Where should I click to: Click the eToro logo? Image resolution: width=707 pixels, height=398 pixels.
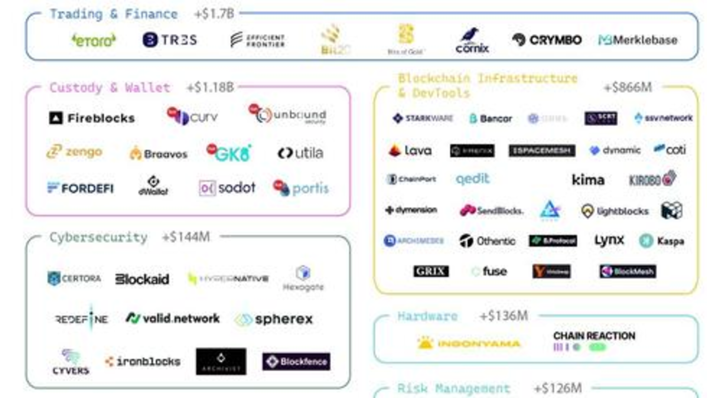click(94, 40)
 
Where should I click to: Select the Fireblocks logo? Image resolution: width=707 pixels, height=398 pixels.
click(92, 118)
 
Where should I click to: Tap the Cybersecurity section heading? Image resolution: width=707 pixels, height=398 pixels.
click(98, 238)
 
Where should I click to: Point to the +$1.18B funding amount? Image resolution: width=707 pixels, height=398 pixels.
click(210, 88)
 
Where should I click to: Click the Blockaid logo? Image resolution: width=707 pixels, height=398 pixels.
click(142, 279)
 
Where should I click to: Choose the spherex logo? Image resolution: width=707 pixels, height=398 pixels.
click(274, 319)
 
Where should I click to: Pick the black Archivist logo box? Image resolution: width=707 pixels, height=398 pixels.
click(221, 362)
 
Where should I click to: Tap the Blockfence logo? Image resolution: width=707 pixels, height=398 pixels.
click(296, 362)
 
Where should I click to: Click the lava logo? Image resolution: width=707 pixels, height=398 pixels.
click(410, 151)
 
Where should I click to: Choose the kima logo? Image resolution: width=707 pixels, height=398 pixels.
click(588, 180)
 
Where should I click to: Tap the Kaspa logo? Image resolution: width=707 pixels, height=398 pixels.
click(662, 241)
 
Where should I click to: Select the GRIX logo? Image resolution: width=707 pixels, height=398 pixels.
click(431, 271)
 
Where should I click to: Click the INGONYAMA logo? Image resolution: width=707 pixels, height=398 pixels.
click(469, 343)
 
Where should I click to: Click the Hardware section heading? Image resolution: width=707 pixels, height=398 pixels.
click(427, 316)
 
